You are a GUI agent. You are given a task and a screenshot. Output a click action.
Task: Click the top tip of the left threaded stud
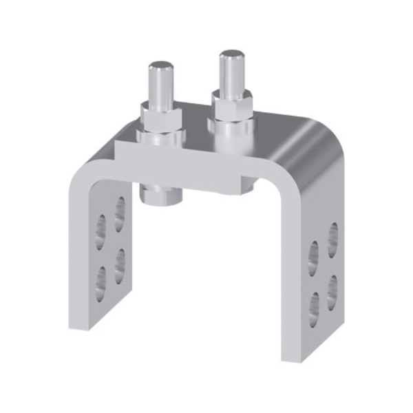pos(162,66)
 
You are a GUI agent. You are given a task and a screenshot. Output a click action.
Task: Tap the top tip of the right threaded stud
pos(231,55)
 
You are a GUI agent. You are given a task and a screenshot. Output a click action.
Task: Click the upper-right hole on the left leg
pos(120,211)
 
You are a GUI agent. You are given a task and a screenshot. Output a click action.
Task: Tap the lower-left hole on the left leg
pos(102,277)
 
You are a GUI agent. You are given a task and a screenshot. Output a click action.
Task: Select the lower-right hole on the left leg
pos(120,261)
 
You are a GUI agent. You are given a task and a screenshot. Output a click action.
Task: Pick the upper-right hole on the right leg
pos(332,237)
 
